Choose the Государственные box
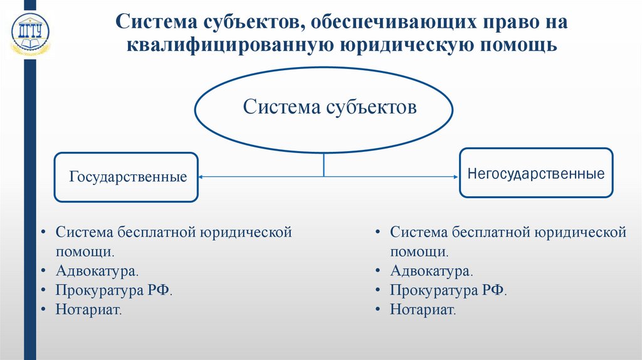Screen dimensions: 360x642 [127, 177]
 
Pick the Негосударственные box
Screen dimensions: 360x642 [535, 173]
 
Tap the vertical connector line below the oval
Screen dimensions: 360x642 [324, 165]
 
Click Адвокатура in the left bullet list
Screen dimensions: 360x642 [97, 271]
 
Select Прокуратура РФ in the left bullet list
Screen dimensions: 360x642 [113, 290]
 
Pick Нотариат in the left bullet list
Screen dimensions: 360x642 [88, 309]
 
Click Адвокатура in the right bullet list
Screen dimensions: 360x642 [431, 271]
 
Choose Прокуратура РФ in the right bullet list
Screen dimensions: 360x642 [448, 290]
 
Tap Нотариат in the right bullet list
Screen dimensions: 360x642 [423, 309]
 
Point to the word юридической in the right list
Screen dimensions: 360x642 [581, 233]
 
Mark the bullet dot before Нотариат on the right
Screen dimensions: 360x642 [379, 309]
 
